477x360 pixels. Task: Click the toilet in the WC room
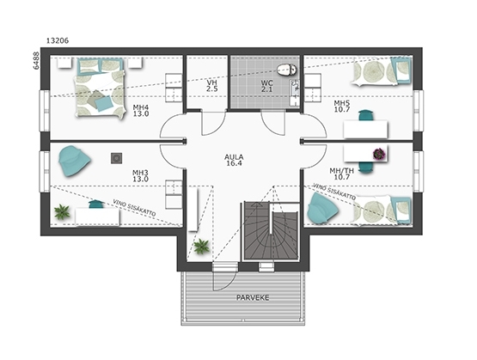(x=287, y=70)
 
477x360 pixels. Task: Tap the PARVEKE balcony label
(x=253, y=297)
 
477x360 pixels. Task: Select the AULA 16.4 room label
(x=234, y=160)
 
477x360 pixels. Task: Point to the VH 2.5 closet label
(x=211, y=86)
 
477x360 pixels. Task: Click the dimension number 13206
(x=58, y=40)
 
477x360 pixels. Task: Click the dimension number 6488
(x=36, y=61)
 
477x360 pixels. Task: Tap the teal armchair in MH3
(x=74, y=162)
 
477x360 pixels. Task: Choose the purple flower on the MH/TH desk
(x=379, y=154)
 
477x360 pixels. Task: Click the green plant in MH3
(x=62, y=212)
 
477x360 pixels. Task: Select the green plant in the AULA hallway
(x=201, y=246)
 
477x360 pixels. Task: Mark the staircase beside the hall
(x=270, y=231)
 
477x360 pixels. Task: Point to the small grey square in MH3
(x=116, y=158)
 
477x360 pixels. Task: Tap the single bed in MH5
(x=382, y=71)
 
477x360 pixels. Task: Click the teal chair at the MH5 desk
(x=366, y=116)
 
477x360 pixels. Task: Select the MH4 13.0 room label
(x=141, y=111)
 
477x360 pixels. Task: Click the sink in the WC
(x=295, y=92)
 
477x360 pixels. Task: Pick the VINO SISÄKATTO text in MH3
(x=134, y=208)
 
